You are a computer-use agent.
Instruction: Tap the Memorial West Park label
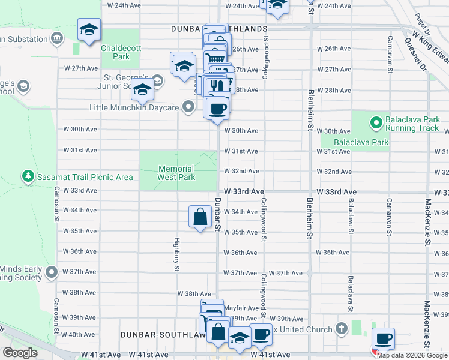pos(176,173)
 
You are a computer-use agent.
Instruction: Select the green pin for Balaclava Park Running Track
pos(376,124)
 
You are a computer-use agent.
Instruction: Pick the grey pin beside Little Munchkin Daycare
pos(188,107)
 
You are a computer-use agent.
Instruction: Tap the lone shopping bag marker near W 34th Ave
pos(199,217)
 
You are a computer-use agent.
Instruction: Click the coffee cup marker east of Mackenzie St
pos(383,338)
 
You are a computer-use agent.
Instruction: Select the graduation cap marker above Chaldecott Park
pos(89,29)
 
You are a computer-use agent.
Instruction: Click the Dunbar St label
pos(218,215)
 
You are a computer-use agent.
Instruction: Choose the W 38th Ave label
pos(194,293)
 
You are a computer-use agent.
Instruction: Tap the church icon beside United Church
pos(342,329)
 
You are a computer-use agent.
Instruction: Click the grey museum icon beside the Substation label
pos(57,39)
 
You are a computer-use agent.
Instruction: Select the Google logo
pos(20,353)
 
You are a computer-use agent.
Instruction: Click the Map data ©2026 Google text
pos(412,355)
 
